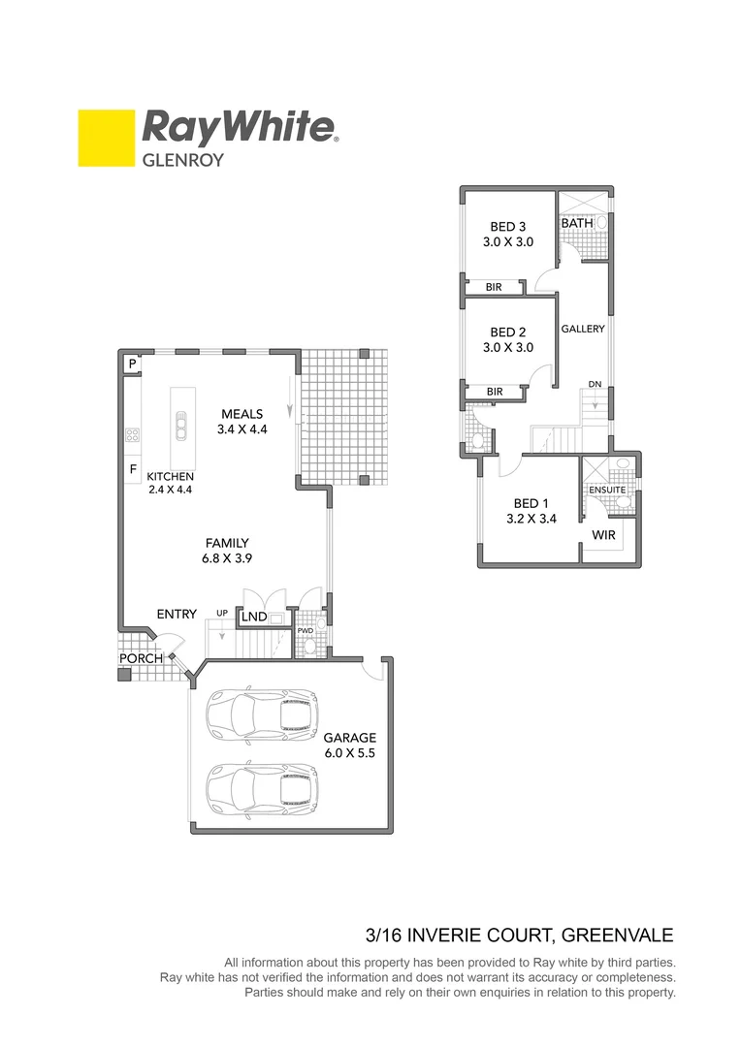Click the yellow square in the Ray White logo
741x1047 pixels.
[106, 138]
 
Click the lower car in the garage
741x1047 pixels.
[261, 786]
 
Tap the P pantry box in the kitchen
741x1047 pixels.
[131, 364]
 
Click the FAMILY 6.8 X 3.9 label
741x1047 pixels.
[226, 551]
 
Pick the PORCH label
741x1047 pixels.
[141, 659]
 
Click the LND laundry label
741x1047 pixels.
[254, 617]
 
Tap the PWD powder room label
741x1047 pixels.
[306, 631]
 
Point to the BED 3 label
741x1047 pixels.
[508, 227]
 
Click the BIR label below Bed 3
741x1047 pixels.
[494, 287]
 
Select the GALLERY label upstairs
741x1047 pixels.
[583, 329]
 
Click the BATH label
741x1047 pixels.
[577, 223]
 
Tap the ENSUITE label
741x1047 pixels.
[607, 491]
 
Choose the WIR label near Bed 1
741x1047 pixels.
[603, 534]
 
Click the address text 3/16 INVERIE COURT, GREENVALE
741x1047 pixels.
[519, 936]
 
